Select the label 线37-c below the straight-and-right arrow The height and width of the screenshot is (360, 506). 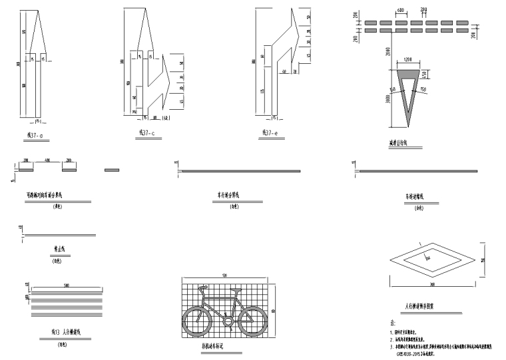pos(146,132)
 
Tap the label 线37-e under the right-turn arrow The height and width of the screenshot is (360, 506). pos(270,133)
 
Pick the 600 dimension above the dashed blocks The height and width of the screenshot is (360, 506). pos(401,11)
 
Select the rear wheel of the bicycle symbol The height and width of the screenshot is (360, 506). pos(197,323)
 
